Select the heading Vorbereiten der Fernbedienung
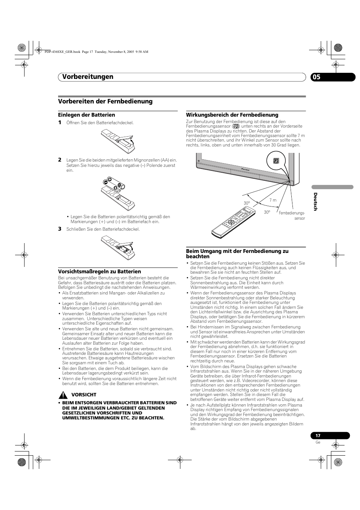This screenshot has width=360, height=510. coord(105,101)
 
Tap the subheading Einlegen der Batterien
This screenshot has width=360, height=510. coord(86,115)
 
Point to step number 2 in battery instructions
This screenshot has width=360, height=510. coord(60,160)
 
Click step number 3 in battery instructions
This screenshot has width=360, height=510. coord(60,229)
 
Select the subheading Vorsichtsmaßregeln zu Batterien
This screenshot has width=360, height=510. coord(99,271)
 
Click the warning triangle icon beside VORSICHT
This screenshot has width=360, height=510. coord(63,395)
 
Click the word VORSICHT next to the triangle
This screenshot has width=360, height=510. coord(84,395)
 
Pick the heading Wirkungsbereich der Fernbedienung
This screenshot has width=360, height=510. coord(232,115)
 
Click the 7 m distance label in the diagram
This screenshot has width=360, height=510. coord(273,200)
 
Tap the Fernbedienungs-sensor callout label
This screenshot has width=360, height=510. coord(292,216)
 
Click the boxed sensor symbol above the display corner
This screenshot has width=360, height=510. coord(275,162)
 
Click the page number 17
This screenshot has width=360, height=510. coord(318,436)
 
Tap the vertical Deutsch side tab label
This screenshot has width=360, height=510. coord(315,202)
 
